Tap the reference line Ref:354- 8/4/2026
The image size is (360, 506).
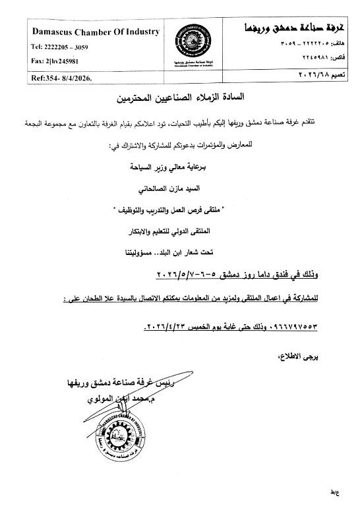(x=63, y=78)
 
